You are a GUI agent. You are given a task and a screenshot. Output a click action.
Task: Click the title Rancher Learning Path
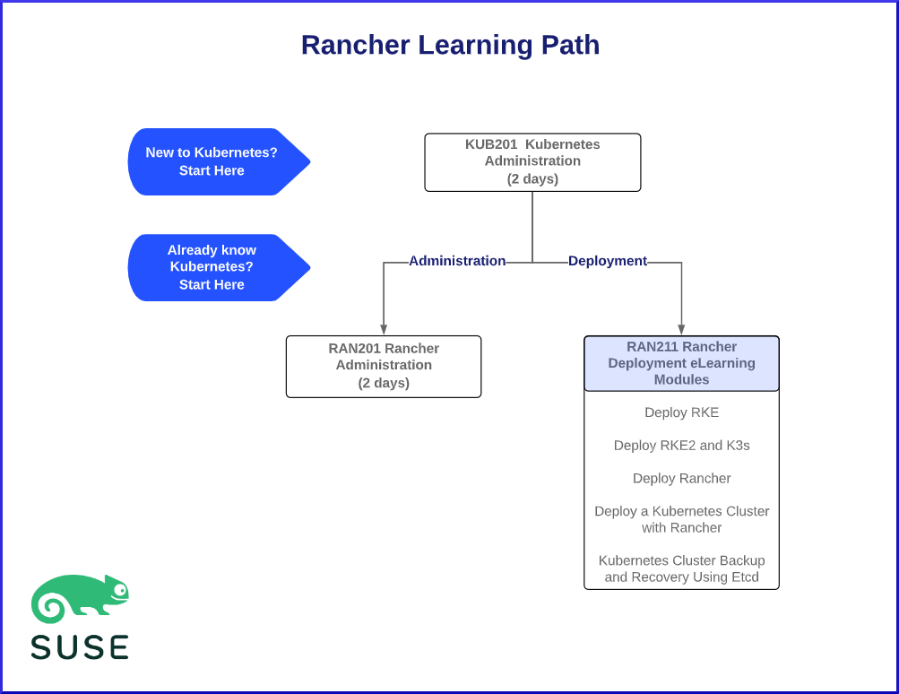point(450,45)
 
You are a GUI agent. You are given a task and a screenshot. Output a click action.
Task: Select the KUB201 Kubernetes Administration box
point(532,161)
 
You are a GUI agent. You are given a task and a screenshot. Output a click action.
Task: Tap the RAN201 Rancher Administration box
point(384,366)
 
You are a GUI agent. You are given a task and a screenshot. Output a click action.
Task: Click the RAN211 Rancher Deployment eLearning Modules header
point(681,363)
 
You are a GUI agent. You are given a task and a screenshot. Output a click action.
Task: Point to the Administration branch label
point(457,261)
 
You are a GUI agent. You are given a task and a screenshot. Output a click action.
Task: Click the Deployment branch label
point(608,261)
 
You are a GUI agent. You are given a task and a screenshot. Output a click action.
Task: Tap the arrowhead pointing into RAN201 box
point(384,330)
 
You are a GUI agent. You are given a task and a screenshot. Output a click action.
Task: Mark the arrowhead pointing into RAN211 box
point(681,330)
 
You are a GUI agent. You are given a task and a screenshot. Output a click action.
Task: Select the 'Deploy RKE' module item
point(681,412)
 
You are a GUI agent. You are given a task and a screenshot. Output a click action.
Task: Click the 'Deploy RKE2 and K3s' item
point(681,446)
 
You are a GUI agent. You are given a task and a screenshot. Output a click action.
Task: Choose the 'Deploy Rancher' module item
point(681,478)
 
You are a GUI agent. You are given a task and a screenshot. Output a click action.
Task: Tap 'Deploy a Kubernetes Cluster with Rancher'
point(681,519)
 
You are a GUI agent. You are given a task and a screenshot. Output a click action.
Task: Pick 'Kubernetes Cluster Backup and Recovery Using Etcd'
point(681,568)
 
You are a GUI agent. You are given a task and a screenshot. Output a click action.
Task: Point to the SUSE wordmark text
point(80,646)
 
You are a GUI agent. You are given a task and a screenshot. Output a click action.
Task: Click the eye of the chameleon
point(120,590)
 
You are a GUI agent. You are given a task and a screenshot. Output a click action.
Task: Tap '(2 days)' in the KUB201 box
point(532,178)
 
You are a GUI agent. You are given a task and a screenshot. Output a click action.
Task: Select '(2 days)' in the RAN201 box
point(384,383)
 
